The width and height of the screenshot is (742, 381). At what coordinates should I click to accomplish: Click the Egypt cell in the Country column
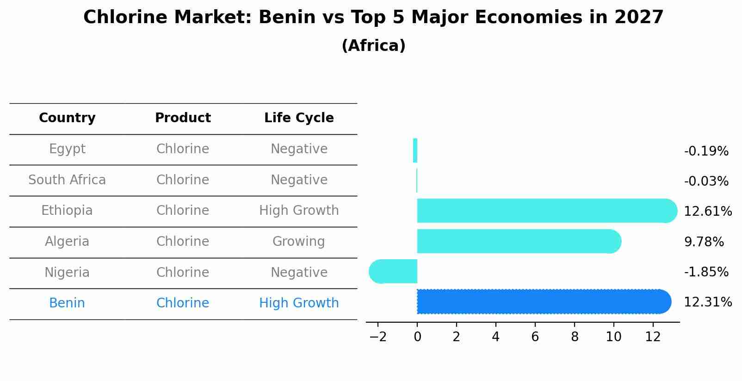tap(67, 149)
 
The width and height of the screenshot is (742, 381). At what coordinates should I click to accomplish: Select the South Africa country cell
tap(67, 180)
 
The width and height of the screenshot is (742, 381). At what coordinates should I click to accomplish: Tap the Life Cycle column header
tap(299, 118)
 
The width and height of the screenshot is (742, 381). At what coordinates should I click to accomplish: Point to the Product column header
tap(183, 118)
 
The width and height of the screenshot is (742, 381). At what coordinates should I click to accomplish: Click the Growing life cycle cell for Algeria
tap(299, 241)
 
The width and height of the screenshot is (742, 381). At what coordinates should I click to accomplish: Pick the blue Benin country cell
tap(67, 303)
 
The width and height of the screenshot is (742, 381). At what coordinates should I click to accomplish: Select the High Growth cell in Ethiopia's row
tap(299, 211)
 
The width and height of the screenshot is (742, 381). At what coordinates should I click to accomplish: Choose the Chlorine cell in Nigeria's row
tap(183, 272)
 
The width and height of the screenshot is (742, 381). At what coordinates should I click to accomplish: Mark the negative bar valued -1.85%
tap(393, 271)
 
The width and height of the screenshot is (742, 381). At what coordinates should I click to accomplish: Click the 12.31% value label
tap(708, 302)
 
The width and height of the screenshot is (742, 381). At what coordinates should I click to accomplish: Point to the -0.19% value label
tap(706, 151)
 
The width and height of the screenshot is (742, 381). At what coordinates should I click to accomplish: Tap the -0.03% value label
tap(706, 181)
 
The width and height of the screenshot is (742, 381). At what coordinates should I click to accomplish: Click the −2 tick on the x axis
tap(378, 337)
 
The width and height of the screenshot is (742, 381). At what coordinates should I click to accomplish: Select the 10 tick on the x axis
tap(613, 337)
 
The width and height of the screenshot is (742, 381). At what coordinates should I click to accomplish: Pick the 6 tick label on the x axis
tap(535, 337)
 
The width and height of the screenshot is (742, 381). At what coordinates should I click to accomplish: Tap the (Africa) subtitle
tap(373, 46)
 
